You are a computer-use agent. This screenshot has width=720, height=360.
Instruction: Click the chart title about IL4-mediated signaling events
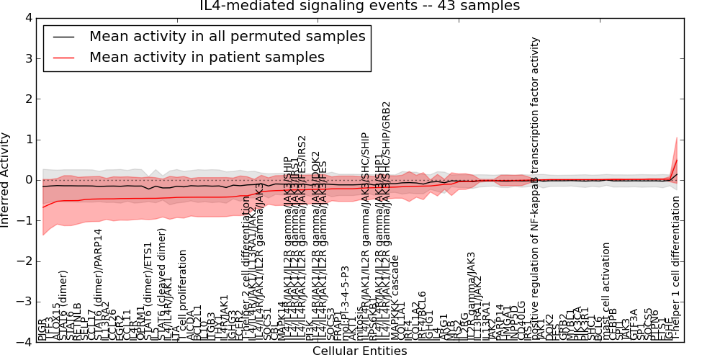coord(359,6)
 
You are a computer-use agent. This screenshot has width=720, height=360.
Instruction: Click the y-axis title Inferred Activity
coord(6,180)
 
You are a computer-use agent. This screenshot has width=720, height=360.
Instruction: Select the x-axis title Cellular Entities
coord(359,351)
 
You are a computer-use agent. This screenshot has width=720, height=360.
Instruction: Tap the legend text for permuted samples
coord(227,36)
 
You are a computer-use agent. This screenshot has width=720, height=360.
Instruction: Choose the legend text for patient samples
coord(207,57)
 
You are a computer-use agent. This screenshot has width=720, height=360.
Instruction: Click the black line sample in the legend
coord(63,37)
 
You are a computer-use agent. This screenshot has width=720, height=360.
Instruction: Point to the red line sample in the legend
coord(63,58)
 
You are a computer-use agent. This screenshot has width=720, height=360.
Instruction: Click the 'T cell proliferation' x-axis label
coord(183,292)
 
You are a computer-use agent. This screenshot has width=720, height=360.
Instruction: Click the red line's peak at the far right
coord(677,159)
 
